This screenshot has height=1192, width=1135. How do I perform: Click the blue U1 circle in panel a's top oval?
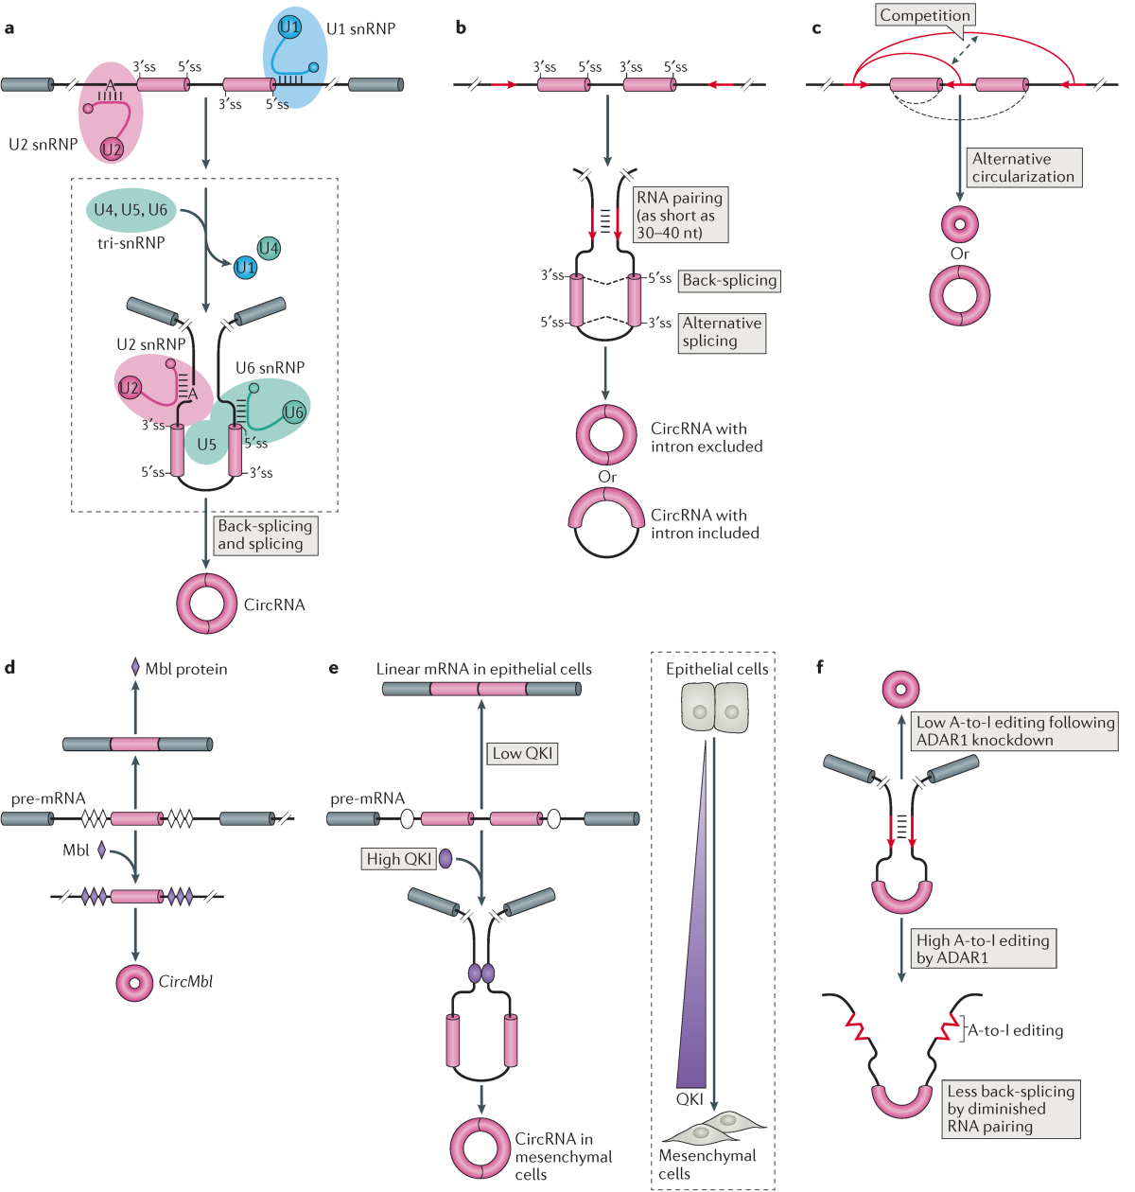pyautogui.click(x=289, y=26)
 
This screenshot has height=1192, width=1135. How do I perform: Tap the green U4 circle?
pyautogui.click(x=269, y=249)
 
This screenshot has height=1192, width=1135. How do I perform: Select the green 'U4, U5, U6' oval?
pyautogui.click(x=131, y=210)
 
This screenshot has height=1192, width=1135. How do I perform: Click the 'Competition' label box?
pyautogui.click(x=925, y=15)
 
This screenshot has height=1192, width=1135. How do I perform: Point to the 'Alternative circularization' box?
pyautogui.click(x=1023, y=167)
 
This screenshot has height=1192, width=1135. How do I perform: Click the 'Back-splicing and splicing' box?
pyautogui.click(x=265, y=535)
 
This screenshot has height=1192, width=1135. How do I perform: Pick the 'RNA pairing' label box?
pyautogui.click(x=680, y=215)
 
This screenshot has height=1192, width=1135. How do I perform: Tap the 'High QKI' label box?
pyautogui.click(x=399, y=859)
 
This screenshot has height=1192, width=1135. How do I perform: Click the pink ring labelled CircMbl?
pyautogui.click(x=135, y=983)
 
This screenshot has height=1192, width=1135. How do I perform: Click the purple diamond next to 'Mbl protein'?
pyautogui.click(x=135, y=668)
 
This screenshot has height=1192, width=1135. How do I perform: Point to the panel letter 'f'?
pyautogui.click(x=819, y=668)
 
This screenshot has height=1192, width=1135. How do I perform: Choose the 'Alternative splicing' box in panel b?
pyautogui.click(x=722, y=333)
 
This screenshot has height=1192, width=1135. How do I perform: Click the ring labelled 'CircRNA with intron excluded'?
pyautogui.click(x=606, y=435)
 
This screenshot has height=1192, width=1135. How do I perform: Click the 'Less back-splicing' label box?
pyautogui.click(x=1011, y=1109)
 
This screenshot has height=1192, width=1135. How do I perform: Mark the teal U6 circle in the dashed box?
pyautogui.click(x=294, y=412)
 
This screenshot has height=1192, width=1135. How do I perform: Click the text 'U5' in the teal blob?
pyautogui.click(x=207, y=445)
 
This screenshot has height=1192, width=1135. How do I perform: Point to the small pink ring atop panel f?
pyautogui.click(x=900, y=689)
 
